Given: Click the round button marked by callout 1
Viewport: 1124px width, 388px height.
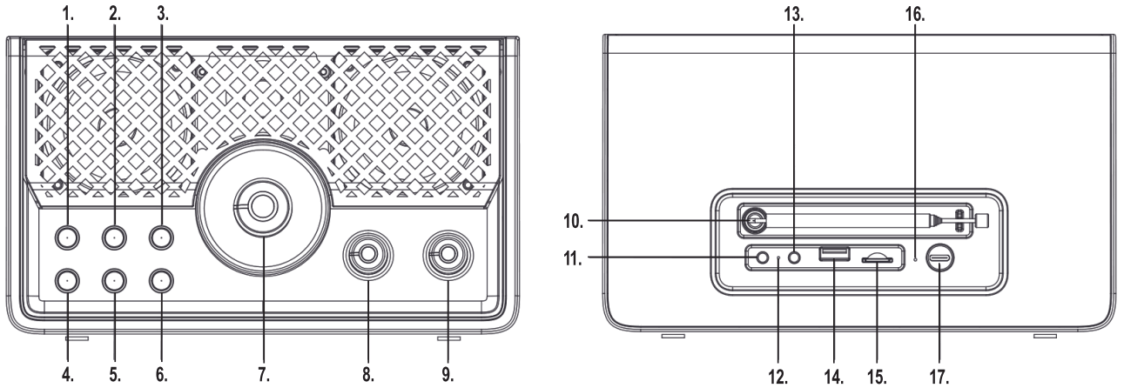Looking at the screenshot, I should [67, 236].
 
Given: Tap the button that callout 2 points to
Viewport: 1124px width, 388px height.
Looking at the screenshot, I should [114, 236].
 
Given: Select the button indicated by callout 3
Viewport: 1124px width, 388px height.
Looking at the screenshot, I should [161, 236].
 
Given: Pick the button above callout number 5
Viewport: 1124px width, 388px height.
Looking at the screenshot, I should [114, 280].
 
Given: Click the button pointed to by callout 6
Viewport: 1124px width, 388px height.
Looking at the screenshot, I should [161, 280].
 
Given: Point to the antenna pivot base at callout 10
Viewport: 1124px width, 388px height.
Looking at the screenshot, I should [754, 221].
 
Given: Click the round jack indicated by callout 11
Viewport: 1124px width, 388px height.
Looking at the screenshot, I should [764, 258].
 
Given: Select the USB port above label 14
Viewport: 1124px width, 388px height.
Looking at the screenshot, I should [833, 256].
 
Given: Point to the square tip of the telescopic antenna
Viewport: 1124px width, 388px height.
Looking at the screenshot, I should [983, 221].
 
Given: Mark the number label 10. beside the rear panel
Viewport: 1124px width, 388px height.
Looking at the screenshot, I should [569, 221].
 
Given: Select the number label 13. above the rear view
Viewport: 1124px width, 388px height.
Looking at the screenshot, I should [795, 17].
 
